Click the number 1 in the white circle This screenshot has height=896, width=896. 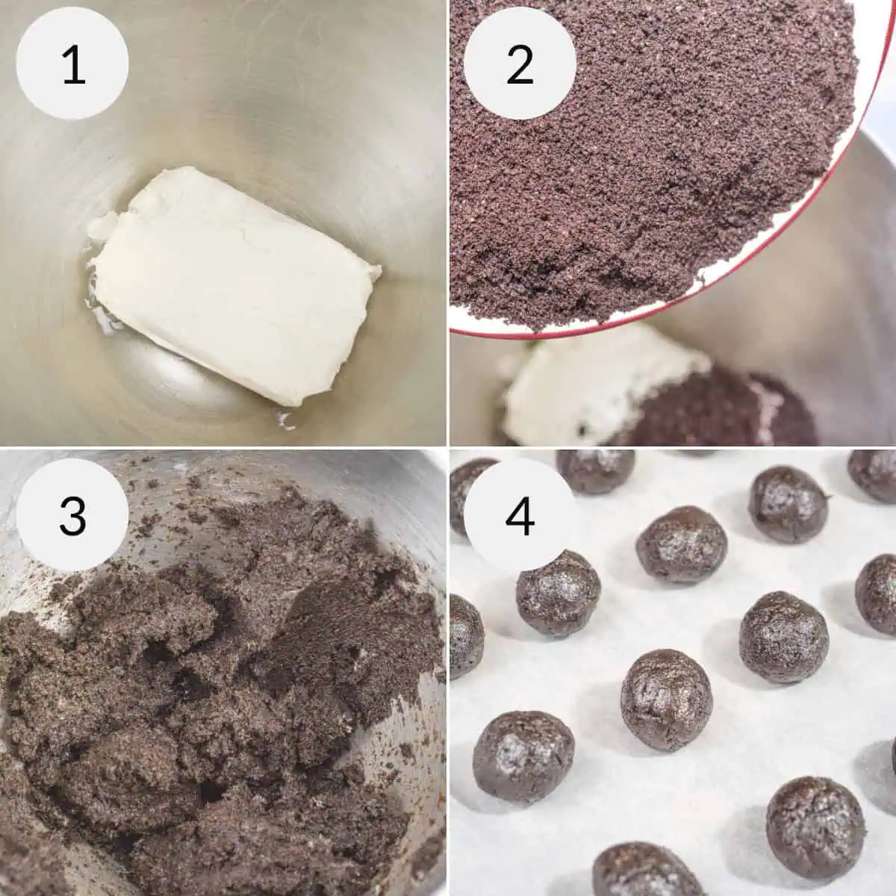72,65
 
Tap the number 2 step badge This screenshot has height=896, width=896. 520,65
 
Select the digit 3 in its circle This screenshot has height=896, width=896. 72,514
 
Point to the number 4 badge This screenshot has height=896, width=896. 520,514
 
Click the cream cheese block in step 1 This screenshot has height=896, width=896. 231,284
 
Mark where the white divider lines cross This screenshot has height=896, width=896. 448,447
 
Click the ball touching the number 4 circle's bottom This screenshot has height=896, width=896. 558,594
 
